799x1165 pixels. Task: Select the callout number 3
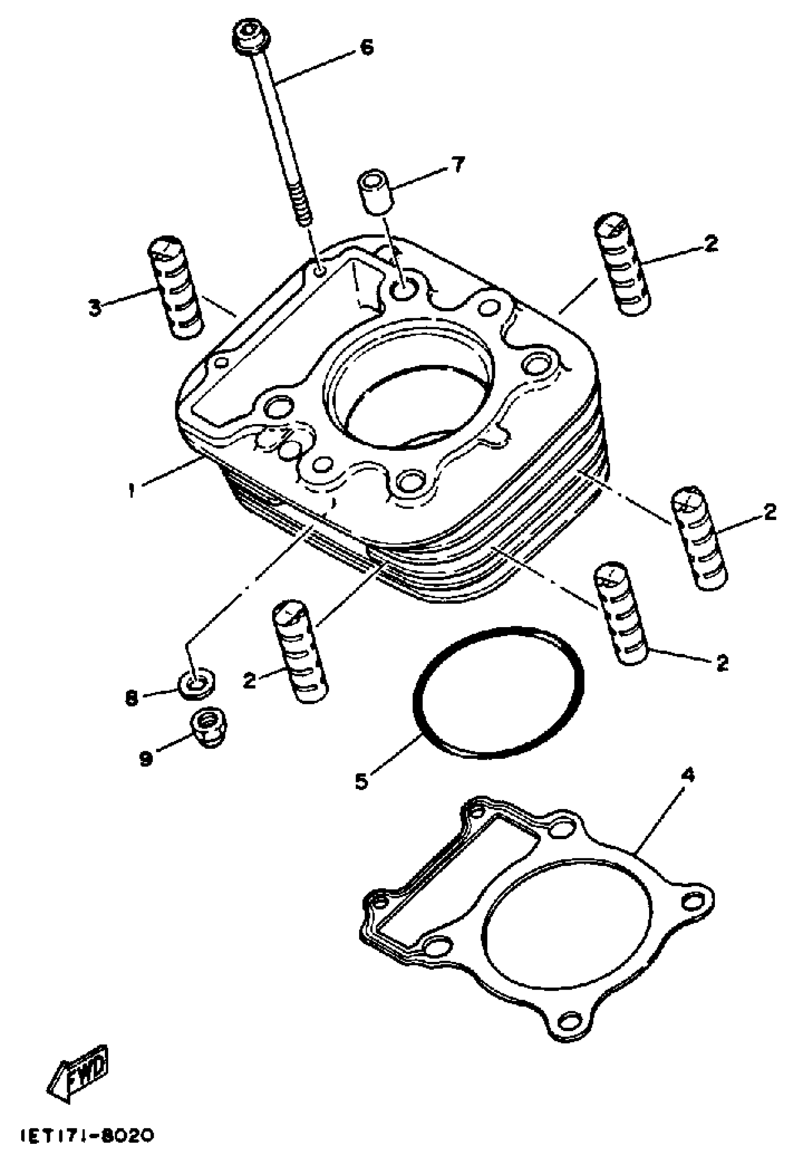pos(95,307)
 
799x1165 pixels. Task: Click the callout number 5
pos(361,780)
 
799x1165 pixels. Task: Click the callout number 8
pos(131,699)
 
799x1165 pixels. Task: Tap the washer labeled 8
pos(197,684)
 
